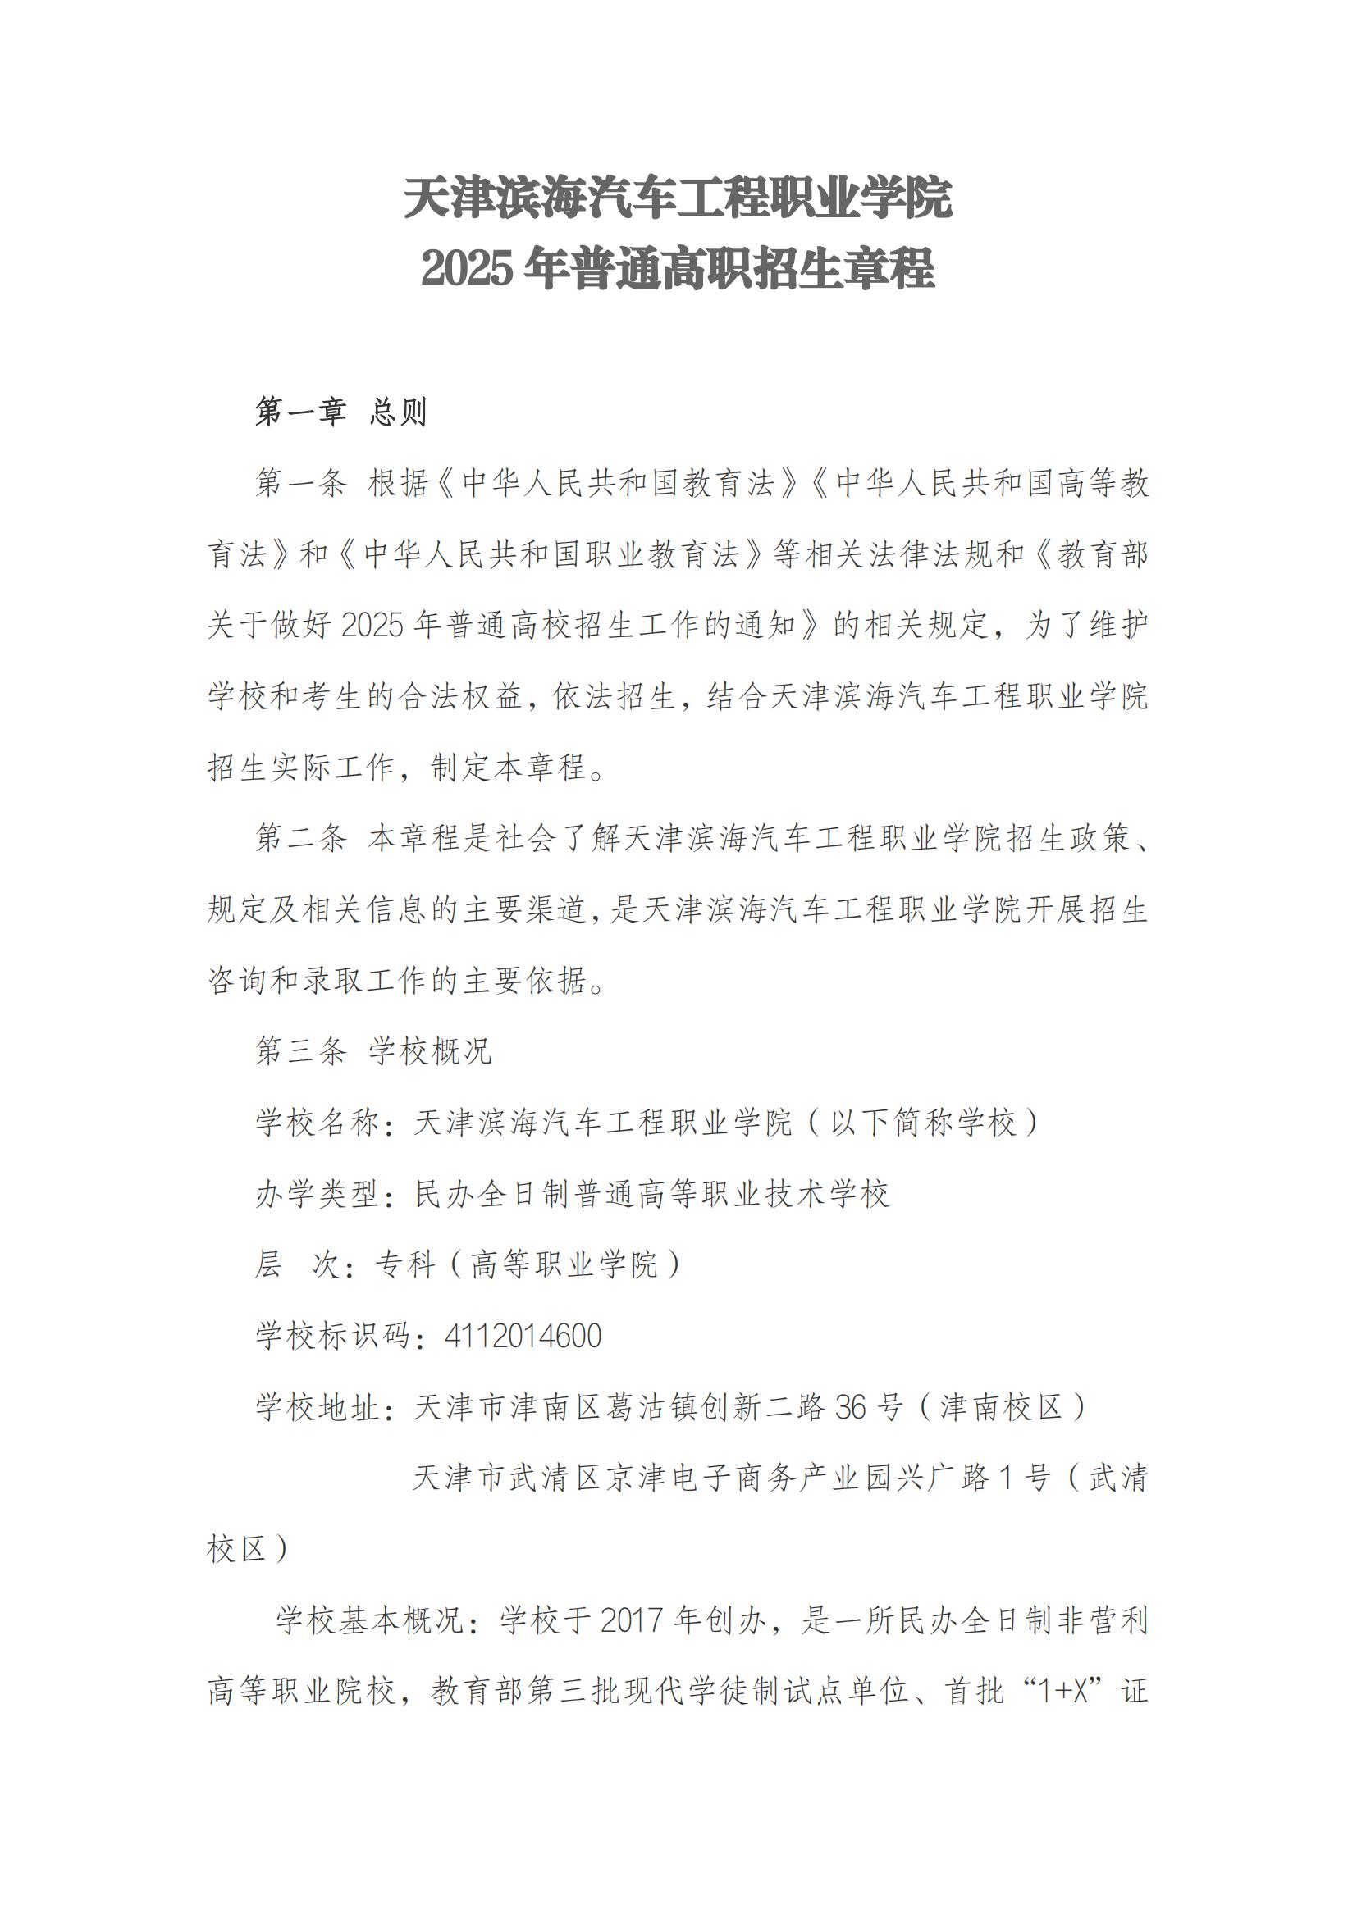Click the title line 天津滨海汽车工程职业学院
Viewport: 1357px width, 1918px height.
(x=678, y=198)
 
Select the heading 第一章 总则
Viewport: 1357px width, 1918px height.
(x=341, y=412)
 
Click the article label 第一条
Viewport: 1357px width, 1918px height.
(x=301, y=484)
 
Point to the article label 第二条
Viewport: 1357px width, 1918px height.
(x=301, y=838)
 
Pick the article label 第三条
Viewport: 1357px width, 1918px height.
(x=301, y=1051)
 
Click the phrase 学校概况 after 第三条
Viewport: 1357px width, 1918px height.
(x=432, y=1051)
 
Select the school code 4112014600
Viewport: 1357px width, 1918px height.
(x=523, y=1336)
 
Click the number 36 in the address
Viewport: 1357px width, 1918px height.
(x=851, y=1408)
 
